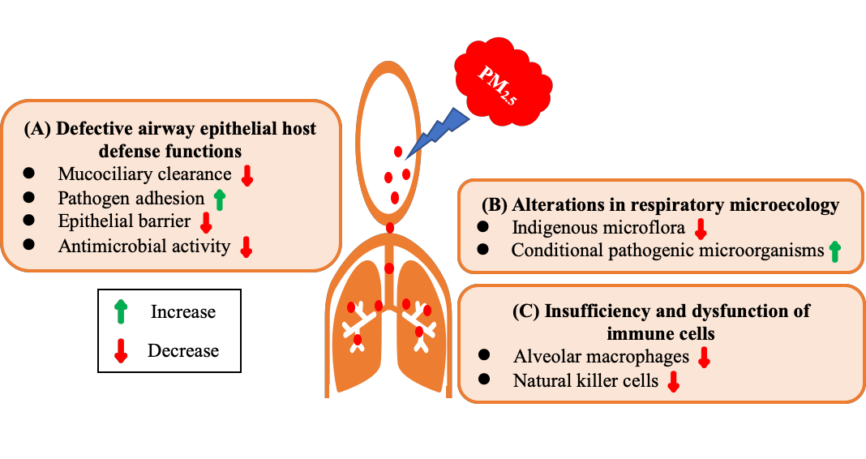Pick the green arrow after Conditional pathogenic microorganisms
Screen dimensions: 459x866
point(834,251)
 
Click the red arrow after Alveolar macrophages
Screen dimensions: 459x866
point(704,357)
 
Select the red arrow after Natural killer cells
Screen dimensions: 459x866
point(672,382)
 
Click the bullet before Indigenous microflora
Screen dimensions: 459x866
point(484,227)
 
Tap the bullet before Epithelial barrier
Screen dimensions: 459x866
point(29,221)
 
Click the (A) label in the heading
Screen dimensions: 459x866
point(39,129)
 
